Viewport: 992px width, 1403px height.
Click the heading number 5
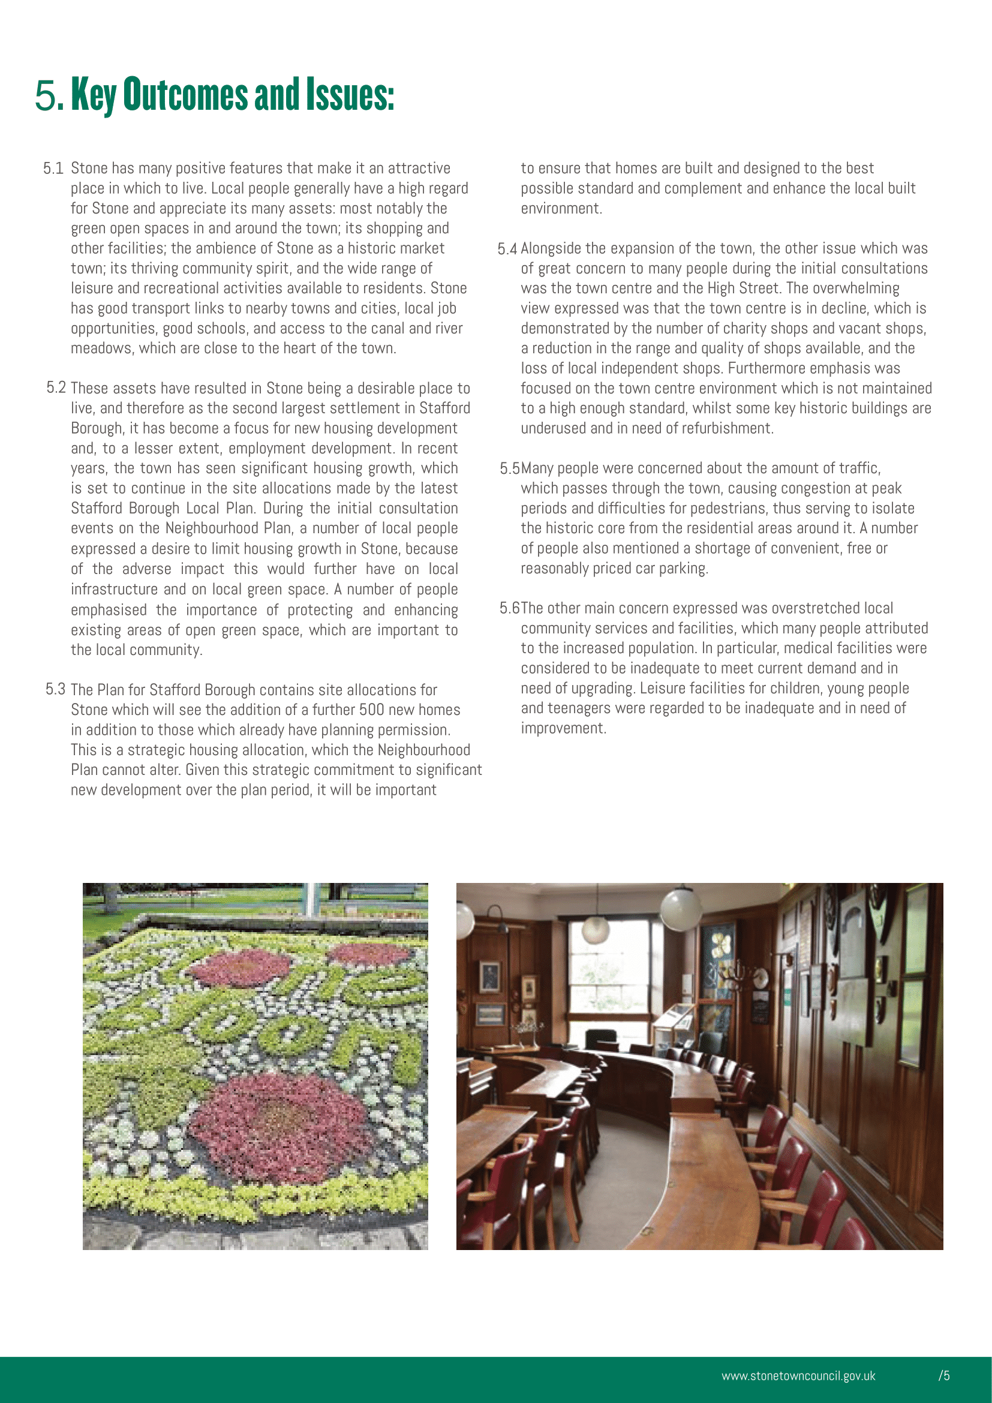coord(47,95)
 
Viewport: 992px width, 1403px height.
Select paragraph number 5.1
coord(53,169)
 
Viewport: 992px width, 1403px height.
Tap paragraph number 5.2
coord(56,388)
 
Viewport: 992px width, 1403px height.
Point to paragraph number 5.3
coord(55,689)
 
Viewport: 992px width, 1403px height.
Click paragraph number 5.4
coord(507,249)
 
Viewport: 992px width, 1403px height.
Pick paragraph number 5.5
coord(509,468)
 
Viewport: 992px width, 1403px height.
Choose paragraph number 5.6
coord(509,608)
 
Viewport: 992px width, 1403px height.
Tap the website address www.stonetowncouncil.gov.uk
coord(798,1375)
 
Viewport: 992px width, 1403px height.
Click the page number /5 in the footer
coord(944,1375)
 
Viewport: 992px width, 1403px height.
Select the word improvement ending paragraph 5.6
coord(562,728)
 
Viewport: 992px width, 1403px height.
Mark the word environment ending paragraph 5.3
coord(560,208)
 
